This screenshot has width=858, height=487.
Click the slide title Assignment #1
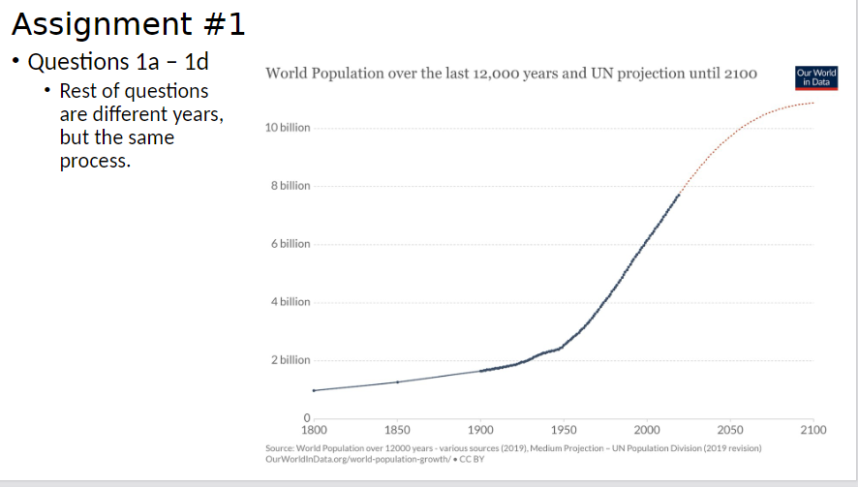point(128,23)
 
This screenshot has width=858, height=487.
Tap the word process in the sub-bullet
point(95,161)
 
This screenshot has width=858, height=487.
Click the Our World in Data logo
point(814,76)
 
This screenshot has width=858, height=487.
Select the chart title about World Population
point(510,74)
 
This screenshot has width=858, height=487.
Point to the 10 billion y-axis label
point(287,128)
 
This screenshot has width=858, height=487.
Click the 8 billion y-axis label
point(290,186)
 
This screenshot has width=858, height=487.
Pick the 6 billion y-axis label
point(290,244)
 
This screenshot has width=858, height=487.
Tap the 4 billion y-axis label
point(290,302)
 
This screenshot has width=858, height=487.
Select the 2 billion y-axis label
point(290,360)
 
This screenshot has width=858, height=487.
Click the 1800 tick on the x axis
point(314,430)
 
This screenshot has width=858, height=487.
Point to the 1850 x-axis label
point(397,430)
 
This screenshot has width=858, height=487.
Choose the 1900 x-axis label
point(480,430)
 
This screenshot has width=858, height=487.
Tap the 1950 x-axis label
point(564,430)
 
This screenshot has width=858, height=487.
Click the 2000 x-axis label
point(647,430)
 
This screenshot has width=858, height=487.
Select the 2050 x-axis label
point(730,430)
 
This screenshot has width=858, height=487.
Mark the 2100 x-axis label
point(813,430)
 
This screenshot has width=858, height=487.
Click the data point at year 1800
point(314,390)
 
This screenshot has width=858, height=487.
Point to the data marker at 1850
point(397,382)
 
